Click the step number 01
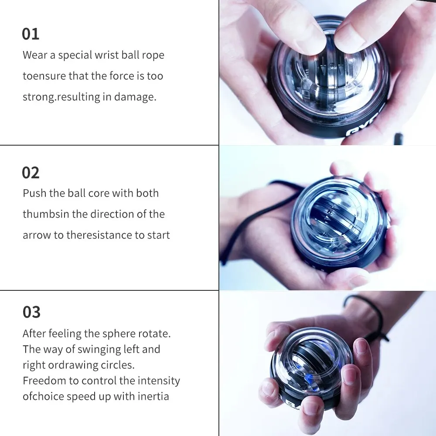pyautogui.click(x=31, y=34)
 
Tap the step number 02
pyautogui.click(x=31, y=173)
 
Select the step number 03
pyautogui.click(x=31, y=312)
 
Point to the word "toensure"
pyautogui.click(x=44, y=76)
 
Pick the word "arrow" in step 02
pyautogui.click(x=37, y=235)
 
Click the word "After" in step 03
pyautogui.click(x=34, y=334)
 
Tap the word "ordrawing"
pyautogui.click(x=72, y=365)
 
